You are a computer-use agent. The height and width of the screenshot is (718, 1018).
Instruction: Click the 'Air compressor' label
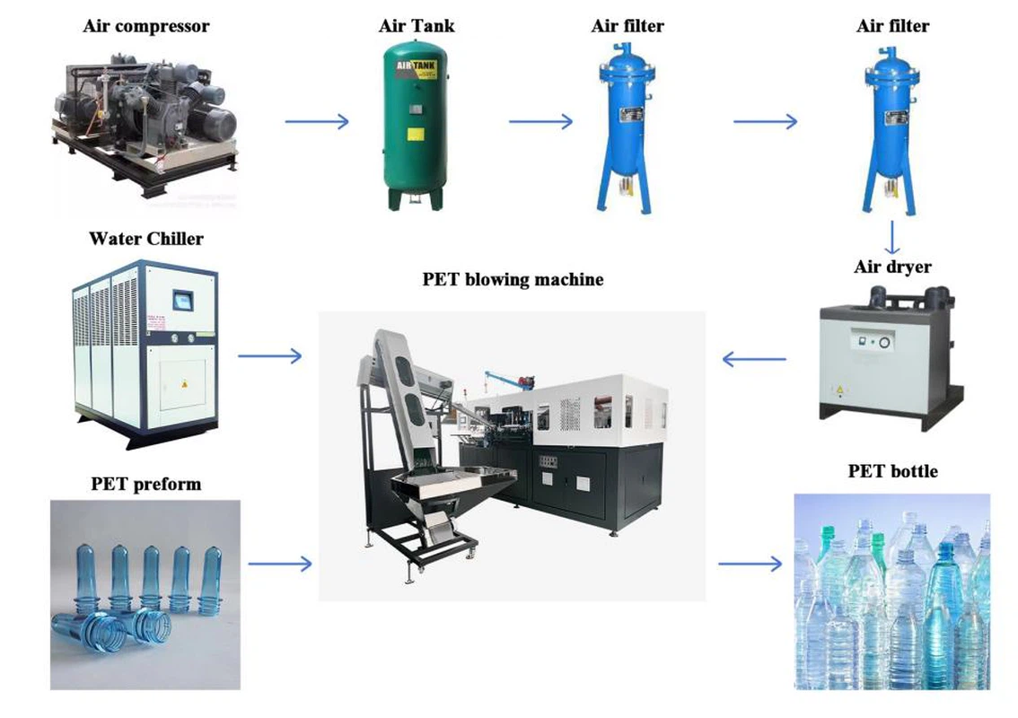[x=145, y=25]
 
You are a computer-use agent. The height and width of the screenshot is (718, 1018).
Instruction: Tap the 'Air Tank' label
[x=417, y=25]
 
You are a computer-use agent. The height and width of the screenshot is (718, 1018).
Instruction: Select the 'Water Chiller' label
[x=145, y=239]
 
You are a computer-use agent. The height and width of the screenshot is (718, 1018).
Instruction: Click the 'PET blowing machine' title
[x=513, y=279]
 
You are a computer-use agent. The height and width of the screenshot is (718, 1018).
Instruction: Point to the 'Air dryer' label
[x=891, y=267]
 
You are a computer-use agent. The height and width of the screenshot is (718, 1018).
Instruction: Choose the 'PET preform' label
[x=145, y=484]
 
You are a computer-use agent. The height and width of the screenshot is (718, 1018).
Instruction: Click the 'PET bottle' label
[x=892, y=470]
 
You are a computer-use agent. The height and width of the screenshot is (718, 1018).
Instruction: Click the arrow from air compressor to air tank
[x=317, y=121]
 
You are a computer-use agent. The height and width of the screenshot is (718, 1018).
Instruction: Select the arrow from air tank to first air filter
[x=540, y=121]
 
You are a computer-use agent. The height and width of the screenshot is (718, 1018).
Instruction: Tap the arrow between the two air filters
[x=765, y=121]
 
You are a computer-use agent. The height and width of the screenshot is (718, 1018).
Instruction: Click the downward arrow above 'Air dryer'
[x=891, y=238]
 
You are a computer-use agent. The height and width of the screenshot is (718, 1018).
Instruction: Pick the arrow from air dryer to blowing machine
[x=754, y=361]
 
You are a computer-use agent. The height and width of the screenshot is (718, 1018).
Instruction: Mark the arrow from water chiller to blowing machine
[x=270, y=356]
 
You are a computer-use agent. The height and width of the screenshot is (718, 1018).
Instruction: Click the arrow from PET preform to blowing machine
[x=280, y=564]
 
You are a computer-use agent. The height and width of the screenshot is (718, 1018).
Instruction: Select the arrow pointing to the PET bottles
[x=750, y=564]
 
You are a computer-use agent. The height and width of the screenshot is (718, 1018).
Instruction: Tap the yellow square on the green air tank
[x=416, y=135]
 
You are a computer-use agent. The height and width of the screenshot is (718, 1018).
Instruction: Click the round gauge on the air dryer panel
[x=884, y=343]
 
